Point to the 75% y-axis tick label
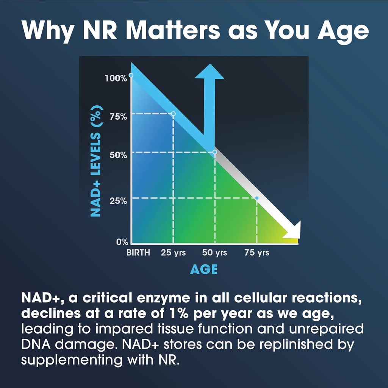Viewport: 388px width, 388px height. [x=118, y=117]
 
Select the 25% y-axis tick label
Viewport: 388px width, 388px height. [x=118, y=200]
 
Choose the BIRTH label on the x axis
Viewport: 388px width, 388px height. [x=138, y=253]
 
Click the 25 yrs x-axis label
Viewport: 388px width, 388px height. [x=173, y=253]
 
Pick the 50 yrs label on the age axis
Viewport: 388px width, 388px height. [x=215, y=253]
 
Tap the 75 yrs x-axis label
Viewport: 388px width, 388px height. [x=257, y=253]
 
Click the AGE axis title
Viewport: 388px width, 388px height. [x=204, y=269]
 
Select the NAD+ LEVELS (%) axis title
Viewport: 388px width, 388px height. [x=97, y=161]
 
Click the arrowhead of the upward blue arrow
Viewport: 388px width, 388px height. [x=209, y=72]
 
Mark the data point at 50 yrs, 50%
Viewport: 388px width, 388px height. [x=215, y=152]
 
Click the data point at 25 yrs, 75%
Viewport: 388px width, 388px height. [x=173, y=114]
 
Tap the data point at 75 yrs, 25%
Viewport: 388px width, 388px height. [x=257, y=198]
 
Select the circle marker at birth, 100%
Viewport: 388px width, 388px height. [x=131, y=75]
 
